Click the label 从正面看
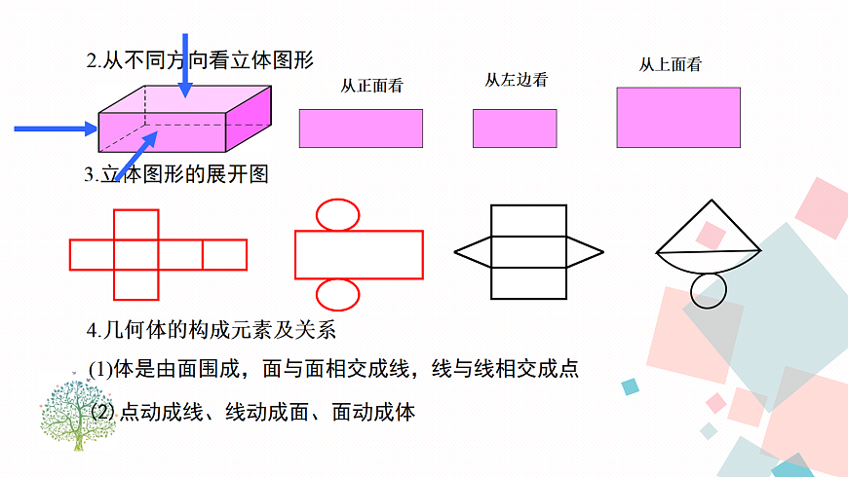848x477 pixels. (x=371, y=86)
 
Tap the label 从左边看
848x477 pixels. (x=516, y=80)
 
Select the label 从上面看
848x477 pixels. (x=670, y=65)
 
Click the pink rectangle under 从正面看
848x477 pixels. (x=361, y=128)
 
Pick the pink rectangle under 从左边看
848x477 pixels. (x=515, y=128)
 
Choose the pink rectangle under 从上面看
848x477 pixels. (x=677, y=117)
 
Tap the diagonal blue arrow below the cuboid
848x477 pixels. (x=135, y=157)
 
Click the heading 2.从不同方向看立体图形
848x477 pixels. (x=200, y=60)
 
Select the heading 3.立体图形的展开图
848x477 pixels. (x=175, y=175)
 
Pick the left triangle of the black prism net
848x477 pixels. (x=474, y=252)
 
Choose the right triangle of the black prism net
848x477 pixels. (x=584, y=252)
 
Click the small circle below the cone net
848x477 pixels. (x=709, y=290)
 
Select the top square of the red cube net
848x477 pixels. (x=136, y=224)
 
